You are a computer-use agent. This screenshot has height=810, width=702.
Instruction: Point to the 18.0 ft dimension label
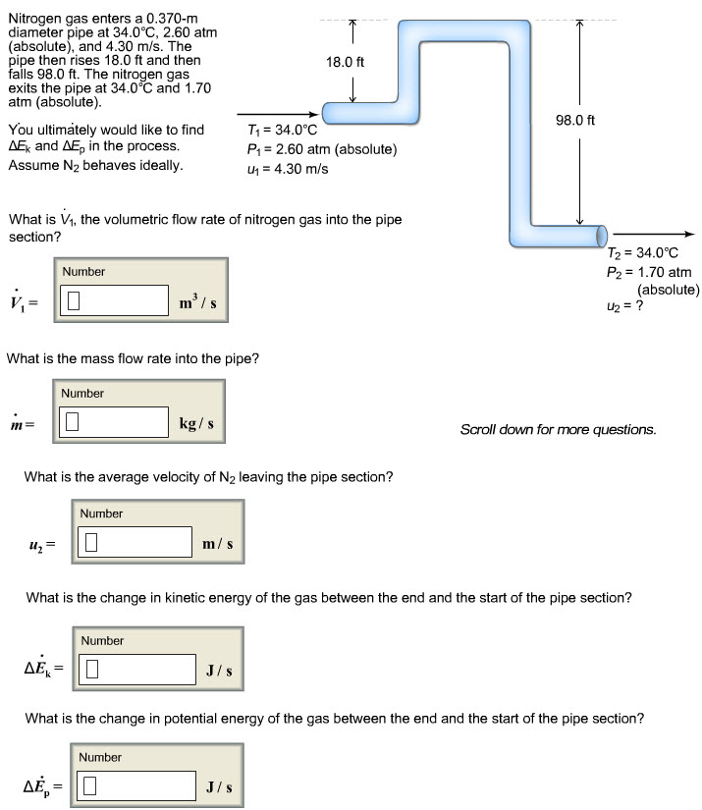(345, 62)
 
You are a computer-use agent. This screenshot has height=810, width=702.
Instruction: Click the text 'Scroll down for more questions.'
(558, 429)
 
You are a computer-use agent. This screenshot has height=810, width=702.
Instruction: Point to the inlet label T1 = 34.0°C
(283, 132)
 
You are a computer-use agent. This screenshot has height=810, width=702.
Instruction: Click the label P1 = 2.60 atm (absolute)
(322, 149)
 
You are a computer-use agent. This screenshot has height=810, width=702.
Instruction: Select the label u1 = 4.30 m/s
(288, 168)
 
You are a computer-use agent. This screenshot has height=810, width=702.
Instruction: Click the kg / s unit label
(196, 424)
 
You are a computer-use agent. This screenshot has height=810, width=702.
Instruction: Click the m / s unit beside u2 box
(217, 543)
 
